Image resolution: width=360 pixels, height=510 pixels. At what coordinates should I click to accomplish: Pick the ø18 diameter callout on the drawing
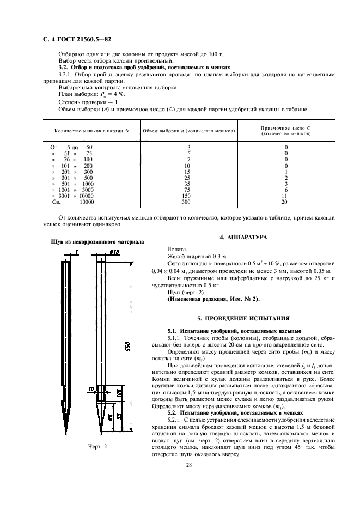coord(114,252)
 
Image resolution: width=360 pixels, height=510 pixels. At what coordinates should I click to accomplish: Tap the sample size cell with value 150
coord(188,196)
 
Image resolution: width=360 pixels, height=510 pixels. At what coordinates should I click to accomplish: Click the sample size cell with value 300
coord(188,202)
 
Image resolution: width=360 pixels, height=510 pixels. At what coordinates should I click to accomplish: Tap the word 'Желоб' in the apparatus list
coord(178,255)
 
